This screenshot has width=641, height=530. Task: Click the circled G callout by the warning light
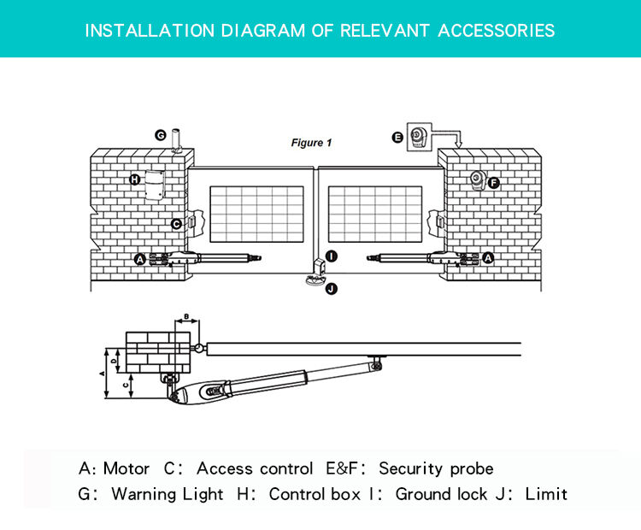tap(161, 135)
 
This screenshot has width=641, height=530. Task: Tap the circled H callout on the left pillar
tap(135, 180)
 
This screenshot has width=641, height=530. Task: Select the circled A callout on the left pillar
tap(140, 258)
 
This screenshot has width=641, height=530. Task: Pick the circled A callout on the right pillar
tap(488, 257)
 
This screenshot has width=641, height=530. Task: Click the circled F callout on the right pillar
tap(494, 183)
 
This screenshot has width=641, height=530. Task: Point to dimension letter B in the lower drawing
tap(186, 317)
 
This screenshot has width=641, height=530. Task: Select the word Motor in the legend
tap(126, 468)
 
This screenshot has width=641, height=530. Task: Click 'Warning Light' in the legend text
tap(168, 494)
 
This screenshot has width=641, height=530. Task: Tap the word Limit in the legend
tap(546, 494)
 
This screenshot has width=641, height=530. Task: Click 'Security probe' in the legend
tap(436, 468)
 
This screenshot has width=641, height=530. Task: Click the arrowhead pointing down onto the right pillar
tap(457, 146)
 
